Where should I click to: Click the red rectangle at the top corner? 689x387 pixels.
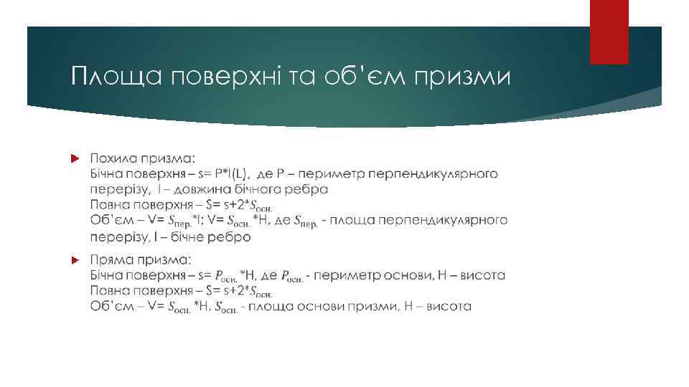tap(609, 32)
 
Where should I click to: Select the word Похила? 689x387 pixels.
tap(114, 158)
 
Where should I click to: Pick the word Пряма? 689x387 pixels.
tap(112, 259)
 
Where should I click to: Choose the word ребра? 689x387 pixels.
tap(310, 189)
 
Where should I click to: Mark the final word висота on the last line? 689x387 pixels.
tap(449, 307)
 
